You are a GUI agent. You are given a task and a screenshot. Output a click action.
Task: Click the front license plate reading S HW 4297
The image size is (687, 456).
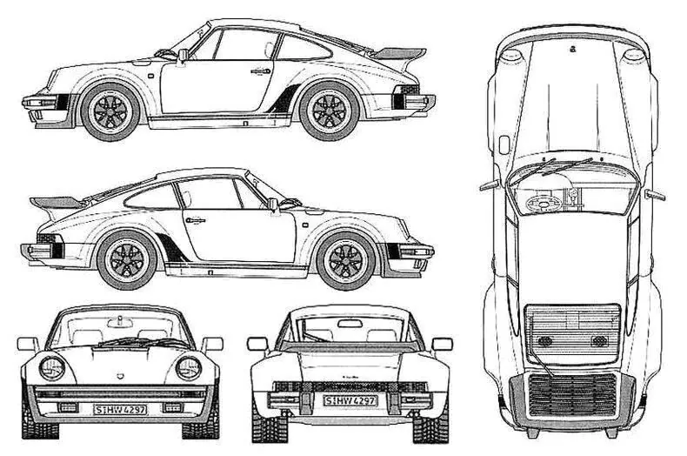(x=121, y=408)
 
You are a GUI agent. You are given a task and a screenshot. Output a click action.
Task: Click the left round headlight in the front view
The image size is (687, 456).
(x=52, y=367)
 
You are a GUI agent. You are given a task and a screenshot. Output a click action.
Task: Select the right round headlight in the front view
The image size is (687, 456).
(x=189, y=367)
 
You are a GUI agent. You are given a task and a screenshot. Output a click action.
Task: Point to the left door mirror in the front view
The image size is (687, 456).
(x=28, y=344)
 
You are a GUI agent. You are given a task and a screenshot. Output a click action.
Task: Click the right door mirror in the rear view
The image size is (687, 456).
(x=442, y=343)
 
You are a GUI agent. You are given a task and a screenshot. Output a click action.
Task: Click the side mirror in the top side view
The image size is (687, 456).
(x=183, y=56)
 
